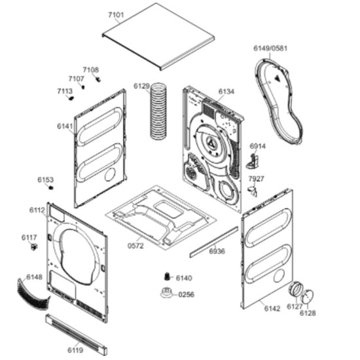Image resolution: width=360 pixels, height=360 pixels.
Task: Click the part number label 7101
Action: pos(116,15)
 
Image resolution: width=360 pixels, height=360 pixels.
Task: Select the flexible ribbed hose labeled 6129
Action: pos(158,111)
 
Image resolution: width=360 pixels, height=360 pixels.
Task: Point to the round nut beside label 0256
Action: pos(167,293)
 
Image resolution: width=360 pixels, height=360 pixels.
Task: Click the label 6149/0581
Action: pos(270,48)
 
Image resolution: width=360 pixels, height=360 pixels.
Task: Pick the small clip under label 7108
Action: pos(99,79)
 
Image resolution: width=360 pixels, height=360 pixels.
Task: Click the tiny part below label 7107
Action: pos(83,87)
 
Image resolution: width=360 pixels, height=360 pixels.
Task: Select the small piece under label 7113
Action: pos(71,98)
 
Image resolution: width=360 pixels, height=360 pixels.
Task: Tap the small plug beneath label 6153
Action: pos(51,188)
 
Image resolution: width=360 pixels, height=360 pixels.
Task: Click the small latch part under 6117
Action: pos(34,247)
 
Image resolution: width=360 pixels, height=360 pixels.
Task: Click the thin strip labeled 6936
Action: pos(214,242)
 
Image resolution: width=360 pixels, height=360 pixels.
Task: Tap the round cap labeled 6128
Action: pos(307,297)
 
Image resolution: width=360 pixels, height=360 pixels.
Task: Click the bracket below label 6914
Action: pos(253,162)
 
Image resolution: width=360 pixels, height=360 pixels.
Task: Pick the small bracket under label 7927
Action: pos(253,191)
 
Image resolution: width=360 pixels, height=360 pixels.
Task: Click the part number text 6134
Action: pos(226,92)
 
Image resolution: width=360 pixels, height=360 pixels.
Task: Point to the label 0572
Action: pos(135,246)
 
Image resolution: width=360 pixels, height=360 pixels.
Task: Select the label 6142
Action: pos(272,308)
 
